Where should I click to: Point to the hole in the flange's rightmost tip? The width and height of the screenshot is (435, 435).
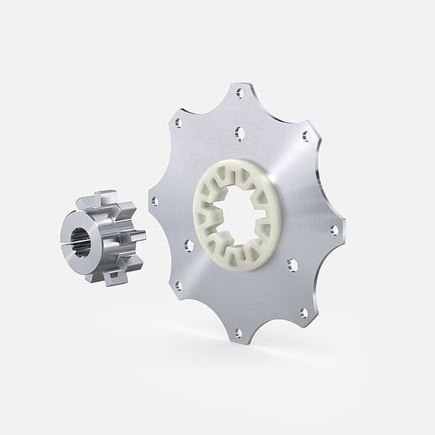pos(333,231)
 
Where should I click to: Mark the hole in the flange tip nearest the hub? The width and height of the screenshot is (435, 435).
pos(154,201)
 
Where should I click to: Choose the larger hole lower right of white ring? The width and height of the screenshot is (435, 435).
pos(294,263)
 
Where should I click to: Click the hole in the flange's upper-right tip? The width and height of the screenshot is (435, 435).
pos(305,137)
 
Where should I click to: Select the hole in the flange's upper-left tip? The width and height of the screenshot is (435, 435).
pos(178,124)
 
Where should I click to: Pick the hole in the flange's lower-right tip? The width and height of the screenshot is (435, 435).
pos(304,311)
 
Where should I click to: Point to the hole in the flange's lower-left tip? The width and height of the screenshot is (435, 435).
pos(177,284)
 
